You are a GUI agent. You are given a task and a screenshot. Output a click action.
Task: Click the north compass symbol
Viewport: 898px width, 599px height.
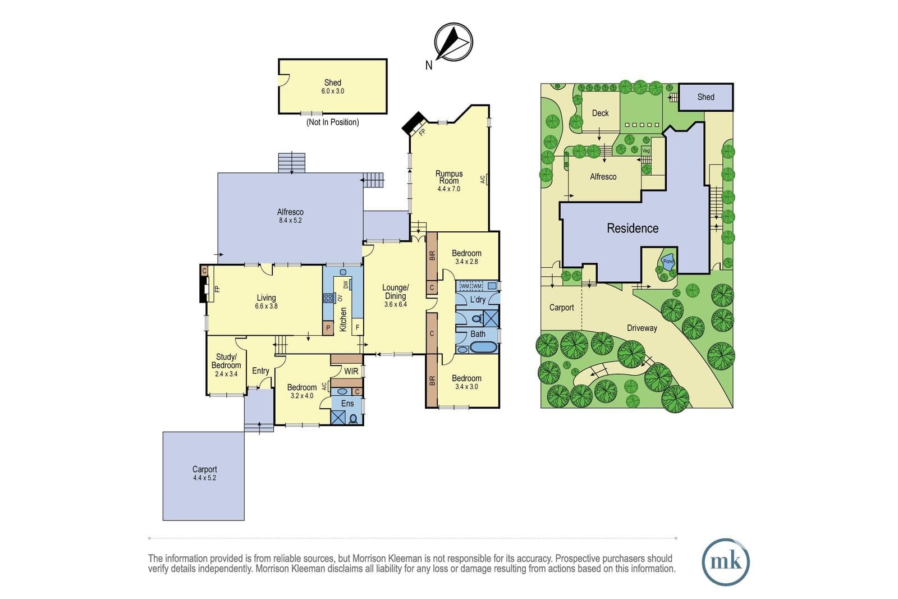coord(453,42)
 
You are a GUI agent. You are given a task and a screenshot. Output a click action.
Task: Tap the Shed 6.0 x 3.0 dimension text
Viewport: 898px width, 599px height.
coord(333,91)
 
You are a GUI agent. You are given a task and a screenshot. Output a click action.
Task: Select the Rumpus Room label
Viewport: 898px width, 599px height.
coord(449,177)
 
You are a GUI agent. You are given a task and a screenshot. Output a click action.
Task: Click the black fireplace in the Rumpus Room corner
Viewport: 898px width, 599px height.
coord(414,124)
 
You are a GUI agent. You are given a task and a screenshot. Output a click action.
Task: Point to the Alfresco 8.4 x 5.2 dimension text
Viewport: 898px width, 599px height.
coord(290,221)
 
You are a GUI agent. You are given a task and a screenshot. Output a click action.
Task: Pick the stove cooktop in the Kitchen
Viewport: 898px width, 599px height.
coord(329,298)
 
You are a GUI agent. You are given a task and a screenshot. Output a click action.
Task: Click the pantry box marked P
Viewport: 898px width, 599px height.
coord(328,328)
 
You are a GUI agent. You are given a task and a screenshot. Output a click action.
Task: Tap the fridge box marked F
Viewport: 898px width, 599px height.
coord(357,327)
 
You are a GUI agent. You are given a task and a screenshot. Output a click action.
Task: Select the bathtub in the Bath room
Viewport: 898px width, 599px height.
coord(483,347)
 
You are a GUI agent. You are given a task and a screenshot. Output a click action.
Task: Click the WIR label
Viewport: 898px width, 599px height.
coord(351,371)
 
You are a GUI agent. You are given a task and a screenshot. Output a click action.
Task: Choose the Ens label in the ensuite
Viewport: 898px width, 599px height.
coord(347,404)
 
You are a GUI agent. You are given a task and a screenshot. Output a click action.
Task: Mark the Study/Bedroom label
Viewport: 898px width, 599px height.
coord(226,361)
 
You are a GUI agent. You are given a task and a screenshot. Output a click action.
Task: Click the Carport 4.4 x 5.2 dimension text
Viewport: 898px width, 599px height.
coord(204,478)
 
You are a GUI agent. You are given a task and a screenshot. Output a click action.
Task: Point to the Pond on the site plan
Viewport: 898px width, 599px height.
coord(668,262)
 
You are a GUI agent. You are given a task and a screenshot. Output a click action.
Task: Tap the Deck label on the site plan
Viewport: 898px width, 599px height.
coord(600,113)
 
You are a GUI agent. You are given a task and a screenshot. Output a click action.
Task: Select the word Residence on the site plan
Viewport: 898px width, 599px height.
coord(633,228)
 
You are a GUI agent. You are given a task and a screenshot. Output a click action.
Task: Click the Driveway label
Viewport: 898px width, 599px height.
coord(642,328)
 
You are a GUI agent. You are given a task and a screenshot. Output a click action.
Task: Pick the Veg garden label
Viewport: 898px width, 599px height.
coord(646,151)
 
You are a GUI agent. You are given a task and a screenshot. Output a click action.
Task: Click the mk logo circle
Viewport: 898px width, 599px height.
coord(726,562)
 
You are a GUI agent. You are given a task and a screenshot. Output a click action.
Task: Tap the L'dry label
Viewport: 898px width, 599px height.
coord(478,300)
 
